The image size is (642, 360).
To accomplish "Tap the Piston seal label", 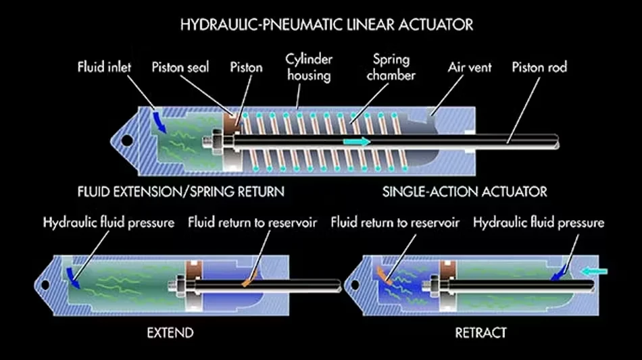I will click(x=180, y=67).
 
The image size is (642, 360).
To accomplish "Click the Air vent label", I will click(x=469, y=67).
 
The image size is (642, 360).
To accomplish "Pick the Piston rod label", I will click(x=539, y=67).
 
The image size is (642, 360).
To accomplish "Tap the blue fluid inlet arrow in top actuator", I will click(x=159, y=122).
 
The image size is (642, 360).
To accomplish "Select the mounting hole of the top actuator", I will click(x=125, y=142).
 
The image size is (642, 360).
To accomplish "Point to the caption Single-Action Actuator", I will click(x=464, y=191).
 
